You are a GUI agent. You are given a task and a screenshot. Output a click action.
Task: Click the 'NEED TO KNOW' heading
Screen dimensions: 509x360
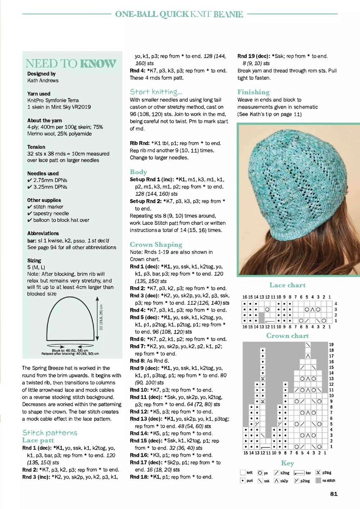pos(71,64)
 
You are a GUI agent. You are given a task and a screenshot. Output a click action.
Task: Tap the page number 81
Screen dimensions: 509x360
pos(334,494)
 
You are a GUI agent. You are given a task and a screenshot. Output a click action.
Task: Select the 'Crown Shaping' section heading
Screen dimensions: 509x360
pos(156,244)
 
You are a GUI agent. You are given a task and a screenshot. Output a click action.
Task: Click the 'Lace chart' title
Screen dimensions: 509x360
pos(287,285)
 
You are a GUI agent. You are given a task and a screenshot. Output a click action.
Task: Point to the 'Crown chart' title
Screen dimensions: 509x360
pos(287,335)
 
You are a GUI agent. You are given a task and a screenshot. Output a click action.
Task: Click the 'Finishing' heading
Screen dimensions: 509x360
pos(253,92)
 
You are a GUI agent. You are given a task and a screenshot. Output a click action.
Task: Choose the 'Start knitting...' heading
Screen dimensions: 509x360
pos(156,92)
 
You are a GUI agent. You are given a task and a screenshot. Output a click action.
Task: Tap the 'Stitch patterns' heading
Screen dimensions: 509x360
pos(50,432)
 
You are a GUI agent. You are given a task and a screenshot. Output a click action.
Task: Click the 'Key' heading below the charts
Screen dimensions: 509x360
pos(287,463)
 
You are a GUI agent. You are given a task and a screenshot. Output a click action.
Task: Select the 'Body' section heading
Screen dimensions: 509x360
pos(138,172)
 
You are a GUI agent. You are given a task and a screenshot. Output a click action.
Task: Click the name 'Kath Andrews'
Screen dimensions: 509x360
pos(43,80)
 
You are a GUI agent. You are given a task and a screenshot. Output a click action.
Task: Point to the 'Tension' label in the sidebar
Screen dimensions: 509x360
pos(36,147)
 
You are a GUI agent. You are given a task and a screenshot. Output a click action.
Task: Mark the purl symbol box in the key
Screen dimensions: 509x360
pos(243,481)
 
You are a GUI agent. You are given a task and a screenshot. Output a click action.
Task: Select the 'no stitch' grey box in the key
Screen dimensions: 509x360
pos(318,481)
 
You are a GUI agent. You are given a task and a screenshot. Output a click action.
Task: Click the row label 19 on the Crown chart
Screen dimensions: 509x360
pos(331,344)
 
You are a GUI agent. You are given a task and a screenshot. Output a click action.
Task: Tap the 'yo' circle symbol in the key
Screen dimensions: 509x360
pos(260,473)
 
